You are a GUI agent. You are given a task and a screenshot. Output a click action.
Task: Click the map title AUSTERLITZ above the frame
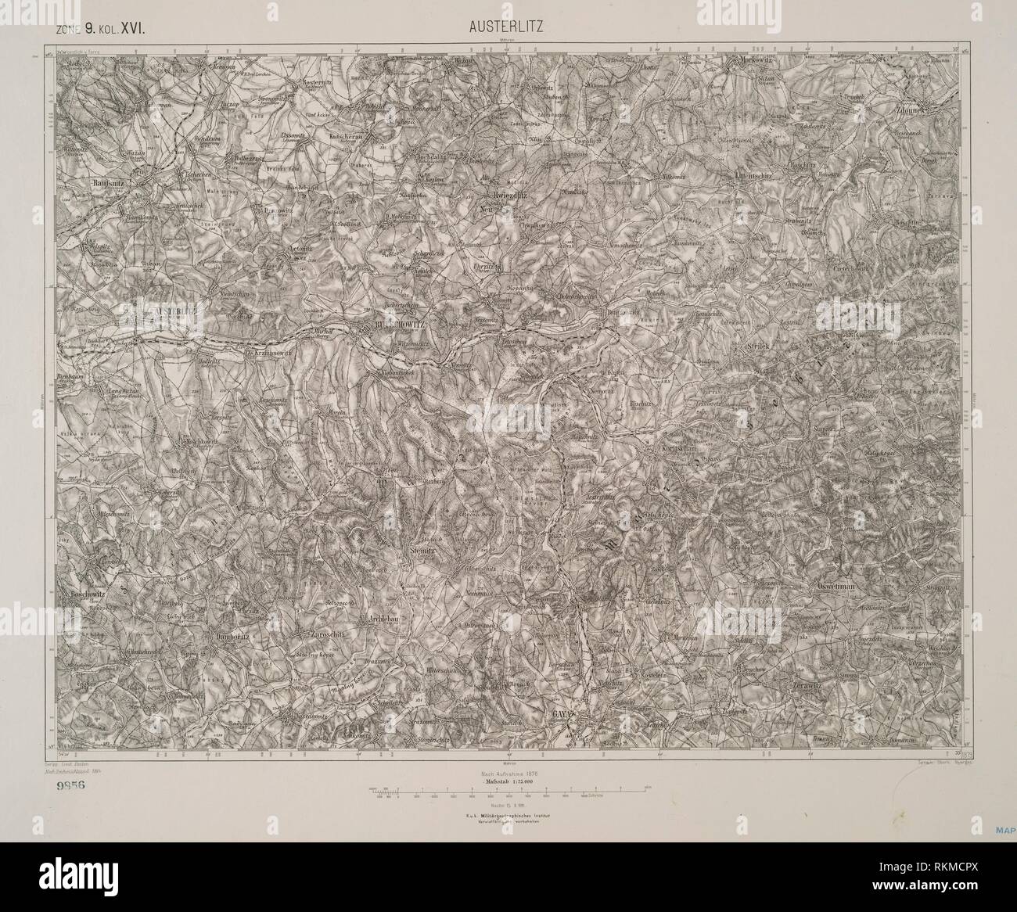[x=506, y=27]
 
